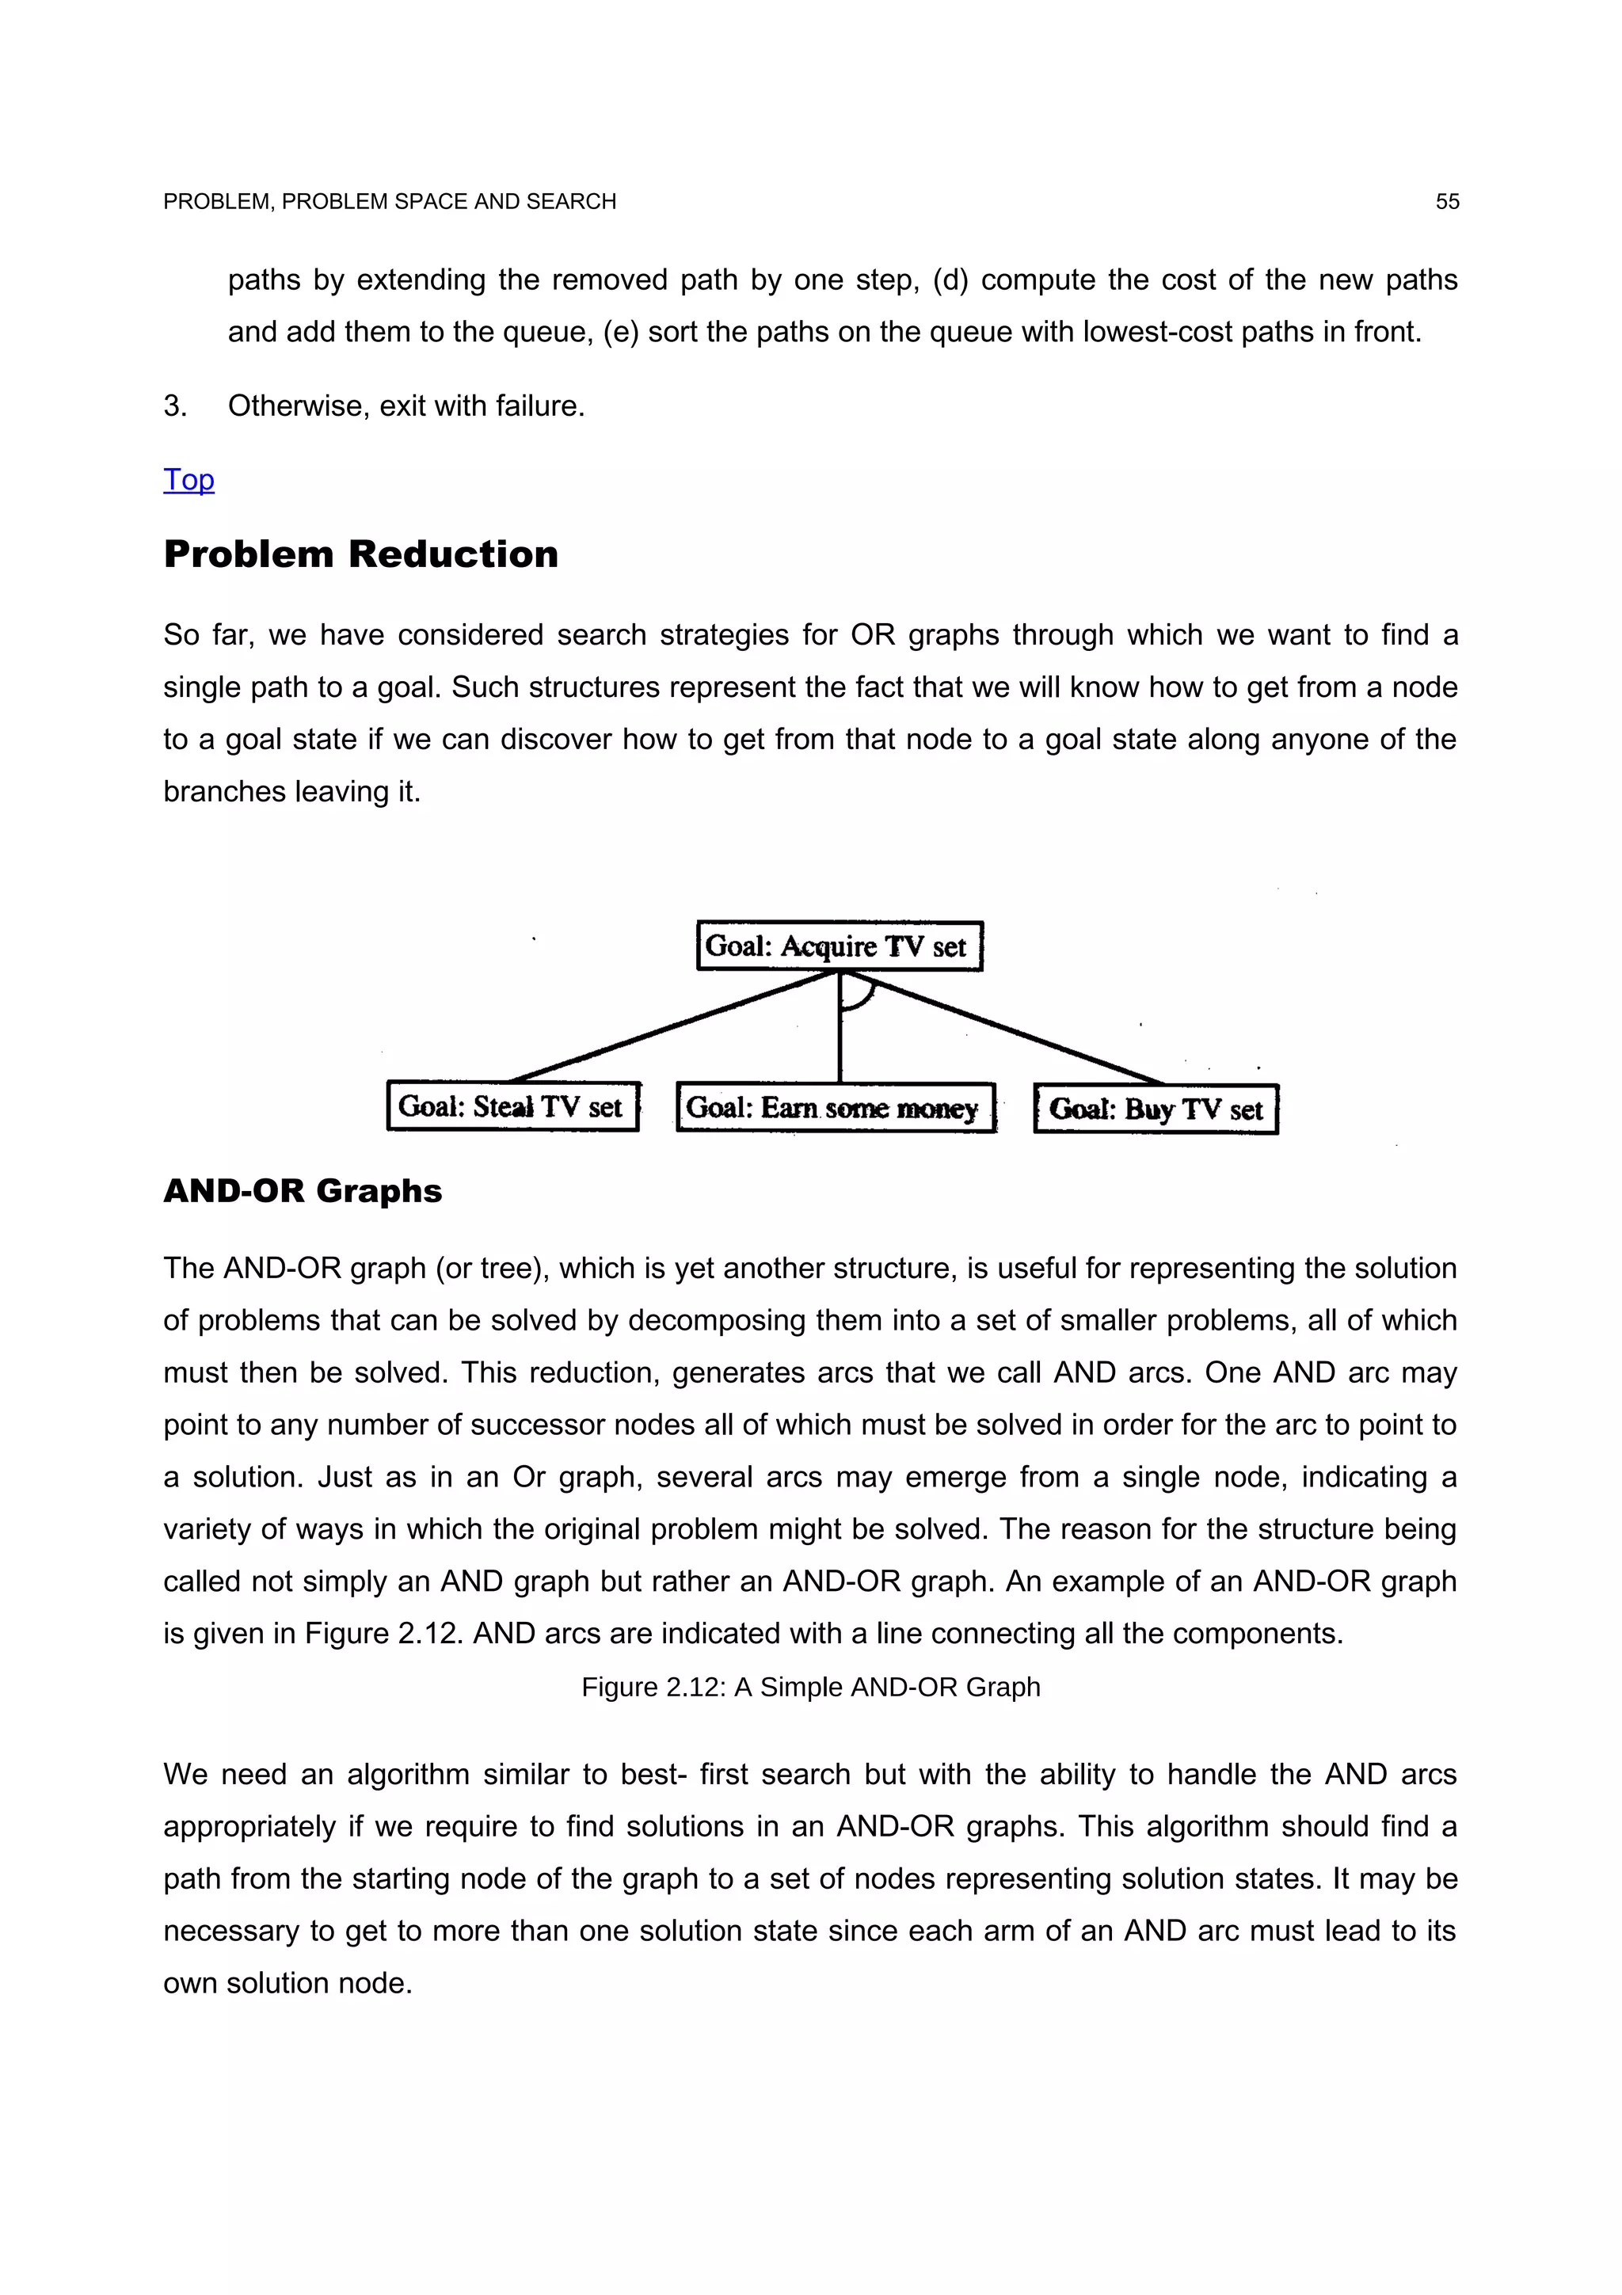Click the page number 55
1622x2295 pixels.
coord(1446,202)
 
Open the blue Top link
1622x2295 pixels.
coord(188,480)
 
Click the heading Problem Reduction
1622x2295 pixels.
coord(361,555)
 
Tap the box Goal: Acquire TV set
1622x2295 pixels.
coord(839,946)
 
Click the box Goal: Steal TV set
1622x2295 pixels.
coord(512,1106)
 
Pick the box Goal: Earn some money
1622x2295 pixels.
coord(835,1108)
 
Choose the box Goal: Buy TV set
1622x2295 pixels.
coord(1156,1109)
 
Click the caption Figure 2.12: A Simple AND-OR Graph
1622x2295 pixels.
coord(810,1688)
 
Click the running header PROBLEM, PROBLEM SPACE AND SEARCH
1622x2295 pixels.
coord(389,202)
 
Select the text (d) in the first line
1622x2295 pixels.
coord(950,280)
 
